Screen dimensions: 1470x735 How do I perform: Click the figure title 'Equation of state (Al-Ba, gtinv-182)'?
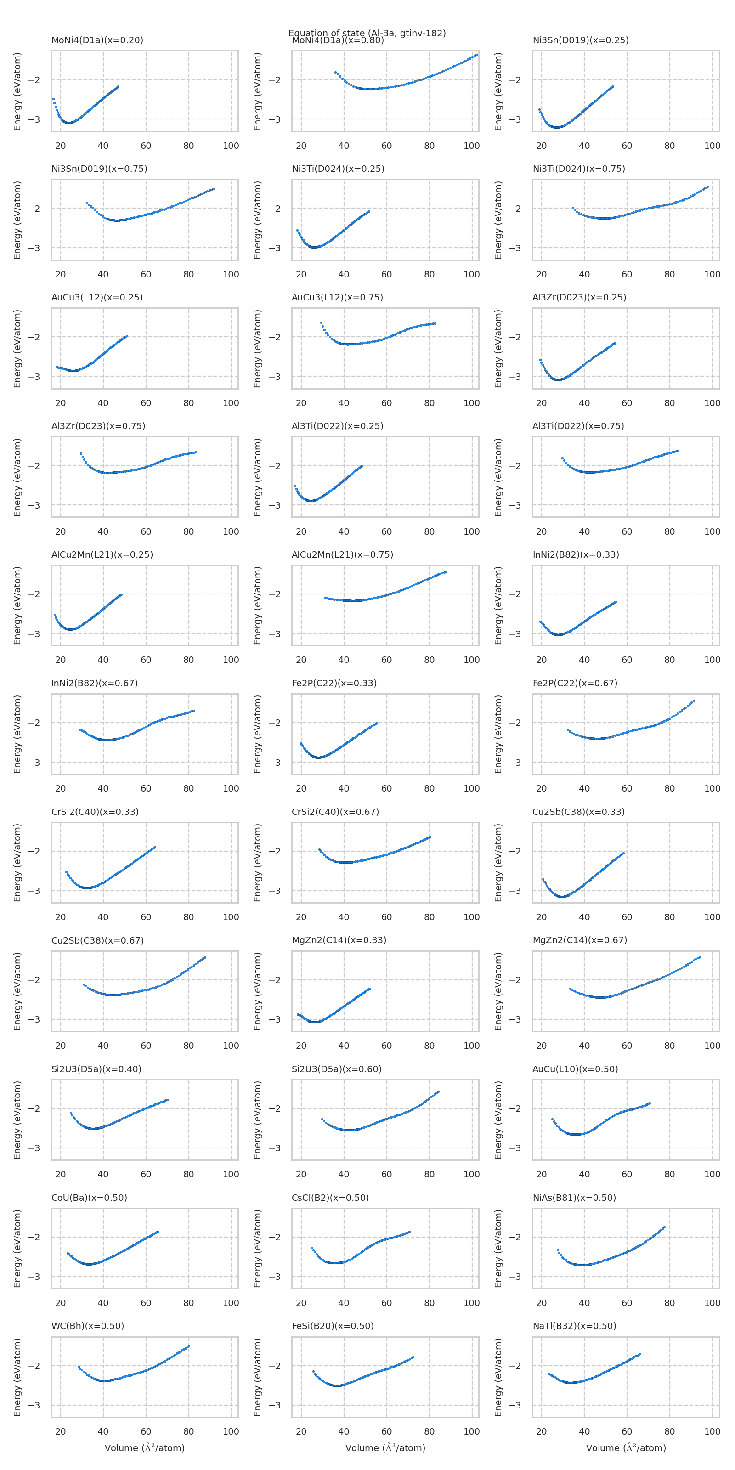pos(367,33)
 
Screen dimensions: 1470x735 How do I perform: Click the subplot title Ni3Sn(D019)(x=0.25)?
pos(580,40)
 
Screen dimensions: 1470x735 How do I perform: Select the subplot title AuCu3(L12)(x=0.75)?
pos(337,297)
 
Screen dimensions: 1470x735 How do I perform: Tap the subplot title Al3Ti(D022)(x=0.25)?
pos(337,426)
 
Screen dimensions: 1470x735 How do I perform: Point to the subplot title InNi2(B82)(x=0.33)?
pos(575,554)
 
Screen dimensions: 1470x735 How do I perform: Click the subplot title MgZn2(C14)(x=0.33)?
pos(339,940)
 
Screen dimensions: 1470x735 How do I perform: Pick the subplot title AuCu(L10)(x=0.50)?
pos(575,1069)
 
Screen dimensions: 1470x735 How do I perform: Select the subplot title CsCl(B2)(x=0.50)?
pos(330,1197)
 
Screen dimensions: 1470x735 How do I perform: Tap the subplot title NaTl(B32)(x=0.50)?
pos(574,1326)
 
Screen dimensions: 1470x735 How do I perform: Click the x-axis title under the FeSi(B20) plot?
pos(385,1448)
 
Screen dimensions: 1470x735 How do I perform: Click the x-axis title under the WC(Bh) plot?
pos(144,1448)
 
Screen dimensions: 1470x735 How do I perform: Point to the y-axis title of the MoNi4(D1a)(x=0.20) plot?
pos(17,91)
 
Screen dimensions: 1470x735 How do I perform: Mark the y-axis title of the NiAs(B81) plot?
pos(498,1249)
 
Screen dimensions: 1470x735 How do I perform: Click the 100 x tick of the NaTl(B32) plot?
pos(712,1431)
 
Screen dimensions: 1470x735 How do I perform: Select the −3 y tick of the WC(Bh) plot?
pos(34,1405)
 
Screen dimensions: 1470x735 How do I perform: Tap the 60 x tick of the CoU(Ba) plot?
pos(146,1303)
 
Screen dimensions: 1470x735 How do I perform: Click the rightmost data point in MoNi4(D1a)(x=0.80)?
pos(476,55)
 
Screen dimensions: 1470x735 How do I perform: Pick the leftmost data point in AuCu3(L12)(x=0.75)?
pos(321,323)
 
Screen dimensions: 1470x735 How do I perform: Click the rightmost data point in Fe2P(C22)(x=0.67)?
pos(694,701)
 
